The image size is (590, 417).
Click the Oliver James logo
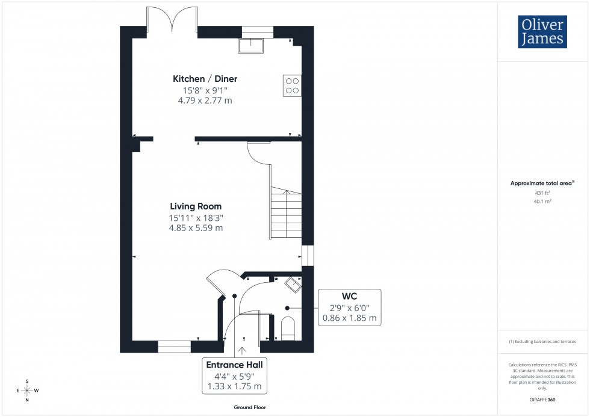tap(542, 32)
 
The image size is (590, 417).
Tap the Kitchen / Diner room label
tap(205, 79)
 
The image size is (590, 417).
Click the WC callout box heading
tap(350, 296)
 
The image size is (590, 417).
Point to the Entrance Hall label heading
tap(234, 365)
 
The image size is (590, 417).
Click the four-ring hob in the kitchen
tap(292, 86)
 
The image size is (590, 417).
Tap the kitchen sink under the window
tap(251, 46)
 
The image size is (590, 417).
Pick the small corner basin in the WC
tap(293, 283)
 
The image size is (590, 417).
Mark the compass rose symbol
tap(27, 391)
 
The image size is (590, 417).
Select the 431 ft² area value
tap(542, 193)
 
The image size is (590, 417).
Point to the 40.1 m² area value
tap(542, 202)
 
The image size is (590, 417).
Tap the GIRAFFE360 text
tap(542, 399)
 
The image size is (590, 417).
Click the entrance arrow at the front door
tap(243, 351)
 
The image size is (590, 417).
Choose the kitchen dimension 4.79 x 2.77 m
tap(205, 100)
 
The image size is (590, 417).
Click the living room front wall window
tap(175, 346)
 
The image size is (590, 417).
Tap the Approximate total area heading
tap(542, 183)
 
